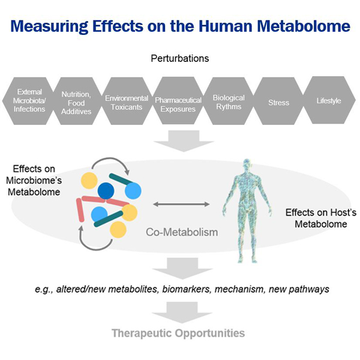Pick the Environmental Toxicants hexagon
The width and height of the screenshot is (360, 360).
(127, 101)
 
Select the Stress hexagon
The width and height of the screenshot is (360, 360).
(277, 103)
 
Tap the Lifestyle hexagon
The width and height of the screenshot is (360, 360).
(328, 101)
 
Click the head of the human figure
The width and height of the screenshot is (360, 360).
(244, 166)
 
